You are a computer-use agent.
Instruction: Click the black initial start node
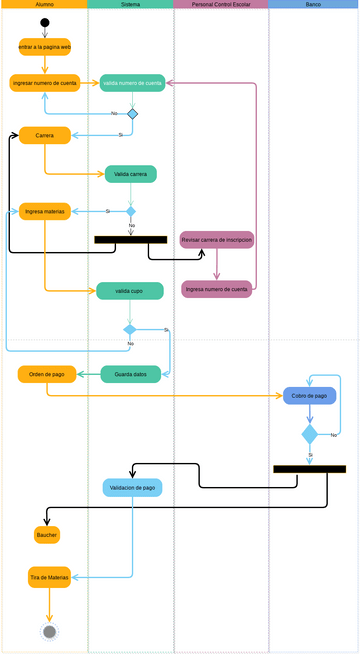pyautogui.click(x=45, y=22)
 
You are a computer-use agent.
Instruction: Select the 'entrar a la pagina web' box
pyautogui.click(x=45, y=47)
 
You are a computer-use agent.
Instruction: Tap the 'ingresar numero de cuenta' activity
pyautogui.click(x=45, y=83)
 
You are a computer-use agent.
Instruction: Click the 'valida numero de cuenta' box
pyautogui.click(x=132, y=83)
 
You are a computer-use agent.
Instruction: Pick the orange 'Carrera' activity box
pyautogui.click(x=45, y=135)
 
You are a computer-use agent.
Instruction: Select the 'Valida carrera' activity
pyautogui.click(x=131, y=174)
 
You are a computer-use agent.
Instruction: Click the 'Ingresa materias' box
pyautogui.click(x=45, y=211)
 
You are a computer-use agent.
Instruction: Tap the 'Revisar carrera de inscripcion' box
pyautogui.click(x=217, y=240)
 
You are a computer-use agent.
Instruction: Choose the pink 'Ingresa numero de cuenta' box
pyautogui.click(x=217, y=289)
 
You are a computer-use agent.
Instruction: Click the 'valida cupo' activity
pyautogui.click(x=130, y=291)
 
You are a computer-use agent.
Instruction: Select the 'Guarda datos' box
pyautogui.click(x=131, y=374)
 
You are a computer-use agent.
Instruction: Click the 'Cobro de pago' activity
pyautogui.click(x=309, y=395)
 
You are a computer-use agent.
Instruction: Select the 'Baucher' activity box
pyautogui.click(x=47, y=535)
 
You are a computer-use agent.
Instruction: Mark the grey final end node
pyautogui.click(x=49, y=631)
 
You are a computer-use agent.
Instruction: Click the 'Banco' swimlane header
pyautogui.click(x=313, y=5)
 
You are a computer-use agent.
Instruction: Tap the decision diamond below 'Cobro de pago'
pyautogui.click(x=309, y=434)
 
